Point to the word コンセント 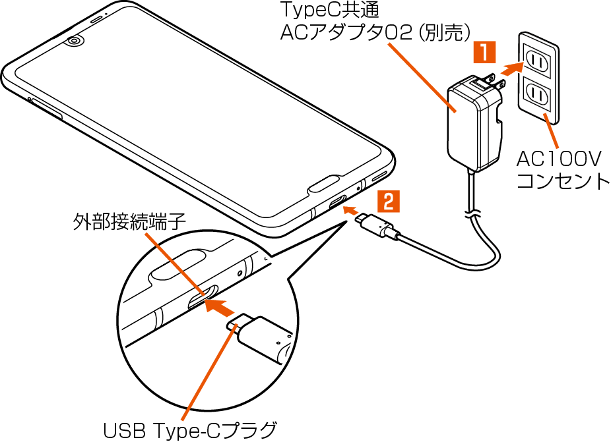pyautogui.click(x=563, y=181)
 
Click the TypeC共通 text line pyautogui.click(x=321, y=11)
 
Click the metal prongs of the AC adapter pyautogui.click(x=492, y=80)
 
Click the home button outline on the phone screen pyautogui.click(x=325, y=183)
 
